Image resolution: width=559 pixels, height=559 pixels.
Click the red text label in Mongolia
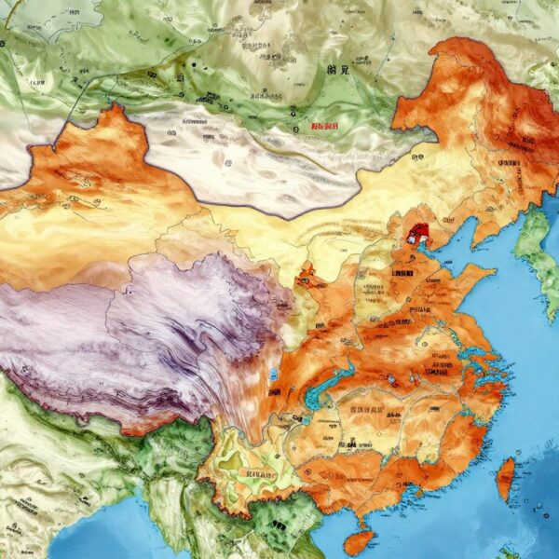click(325, 126)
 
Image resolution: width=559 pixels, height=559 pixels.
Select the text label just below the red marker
click(403, 274)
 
